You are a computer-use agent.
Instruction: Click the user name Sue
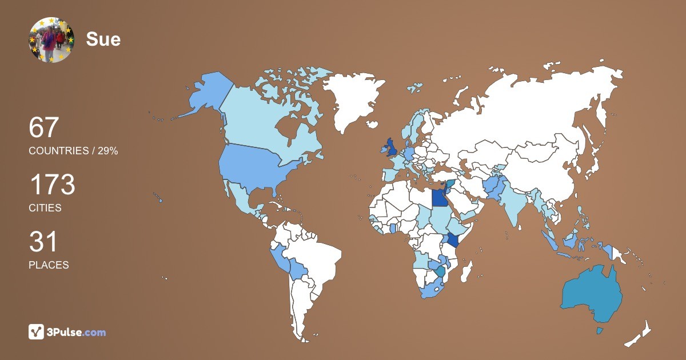click(x=103, y=39)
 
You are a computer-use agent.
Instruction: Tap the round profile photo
click(x=51, y=40)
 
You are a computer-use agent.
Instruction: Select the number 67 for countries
click(x=44, y=127)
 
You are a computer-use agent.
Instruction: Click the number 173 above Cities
click(x=52, y=185)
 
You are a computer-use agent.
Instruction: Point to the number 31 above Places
click(x=43, y=242)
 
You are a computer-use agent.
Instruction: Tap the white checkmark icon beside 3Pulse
click(x=37, y=332)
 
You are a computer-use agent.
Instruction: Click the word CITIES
click(x=45, y=208)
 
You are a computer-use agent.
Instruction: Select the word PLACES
click(x=49, y=265)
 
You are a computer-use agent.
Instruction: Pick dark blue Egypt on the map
click(x=439, y=198)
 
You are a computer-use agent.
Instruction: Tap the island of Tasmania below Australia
click(x=600, y=331)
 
